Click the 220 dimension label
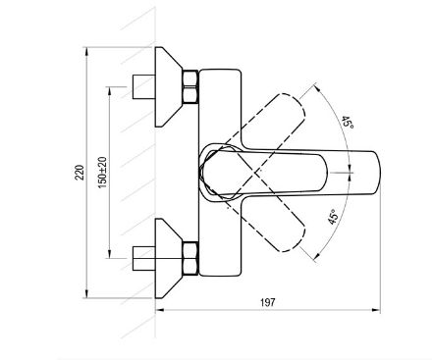click(80, 173)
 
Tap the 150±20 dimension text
click(102, 173)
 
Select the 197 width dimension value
click(268, 302)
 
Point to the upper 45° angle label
click(348, 122)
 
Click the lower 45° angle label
click(333, 217)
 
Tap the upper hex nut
click(189, 86)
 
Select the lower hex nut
click(189, 259)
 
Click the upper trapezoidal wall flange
click(168, 86)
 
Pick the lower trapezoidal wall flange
click(168, 258)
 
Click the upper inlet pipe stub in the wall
click(143, 86)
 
